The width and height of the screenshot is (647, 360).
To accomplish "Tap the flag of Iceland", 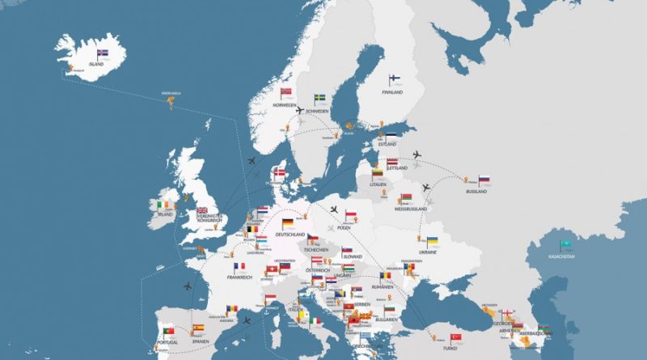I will point(102,54).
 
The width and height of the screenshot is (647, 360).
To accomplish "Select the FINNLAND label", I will point(392,93).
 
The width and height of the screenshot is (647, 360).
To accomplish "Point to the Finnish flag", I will point(395,79).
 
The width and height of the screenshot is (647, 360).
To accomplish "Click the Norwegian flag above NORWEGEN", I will point(285,93).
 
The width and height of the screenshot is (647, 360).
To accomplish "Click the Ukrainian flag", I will point(433,242).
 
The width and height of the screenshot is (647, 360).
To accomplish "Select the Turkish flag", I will point(455,337).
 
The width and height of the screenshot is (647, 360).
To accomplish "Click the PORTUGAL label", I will point(167,341).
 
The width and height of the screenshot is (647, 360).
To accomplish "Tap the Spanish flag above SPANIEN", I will point(198,328).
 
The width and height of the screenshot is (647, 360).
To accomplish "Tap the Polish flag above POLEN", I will point(351,215).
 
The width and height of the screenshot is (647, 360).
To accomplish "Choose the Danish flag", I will point(280,173).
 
